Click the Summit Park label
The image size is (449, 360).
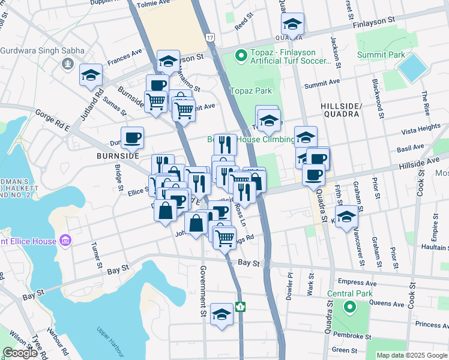(381, 55)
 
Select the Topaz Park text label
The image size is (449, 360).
(251, 91)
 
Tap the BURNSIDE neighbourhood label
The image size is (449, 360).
(118, 155)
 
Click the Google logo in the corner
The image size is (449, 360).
(20, 353)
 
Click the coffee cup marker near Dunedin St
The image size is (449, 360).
(132, 138)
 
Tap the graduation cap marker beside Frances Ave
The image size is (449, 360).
(91, 74)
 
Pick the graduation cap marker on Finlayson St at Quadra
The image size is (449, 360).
(292, 24)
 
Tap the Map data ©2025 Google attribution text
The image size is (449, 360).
(412, 355)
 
